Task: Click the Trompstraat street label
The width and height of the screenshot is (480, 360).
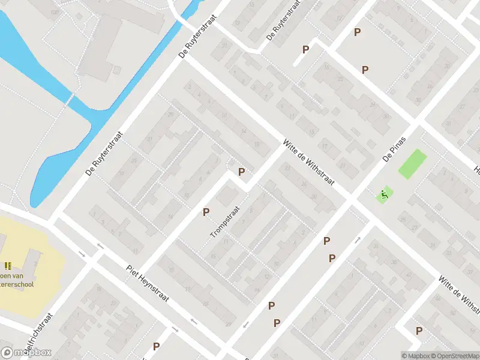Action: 225,222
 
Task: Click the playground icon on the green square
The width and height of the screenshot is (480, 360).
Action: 384,194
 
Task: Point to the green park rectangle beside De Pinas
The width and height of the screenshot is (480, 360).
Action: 413,164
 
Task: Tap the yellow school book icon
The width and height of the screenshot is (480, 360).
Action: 8,265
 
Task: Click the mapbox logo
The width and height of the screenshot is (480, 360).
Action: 26,353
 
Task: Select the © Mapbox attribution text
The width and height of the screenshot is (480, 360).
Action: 415,356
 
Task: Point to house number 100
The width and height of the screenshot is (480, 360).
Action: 55,12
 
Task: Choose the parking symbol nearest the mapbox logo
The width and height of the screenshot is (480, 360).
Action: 156,346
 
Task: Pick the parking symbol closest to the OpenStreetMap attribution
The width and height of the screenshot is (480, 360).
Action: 419,331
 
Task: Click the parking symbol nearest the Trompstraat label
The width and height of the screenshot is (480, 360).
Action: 206,212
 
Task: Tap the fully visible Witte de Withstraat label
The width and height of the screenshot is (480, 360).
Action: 310,163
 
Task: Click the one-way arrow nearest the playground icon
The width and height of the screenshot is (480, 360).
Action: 358,239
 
